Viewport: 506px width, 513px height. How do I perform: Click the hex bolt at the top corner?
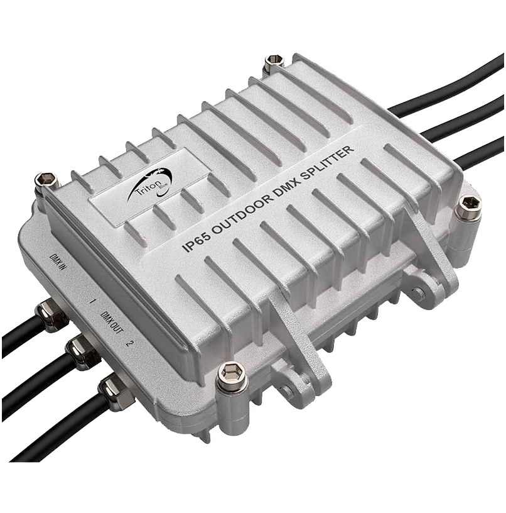click(x=273, y=63)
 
